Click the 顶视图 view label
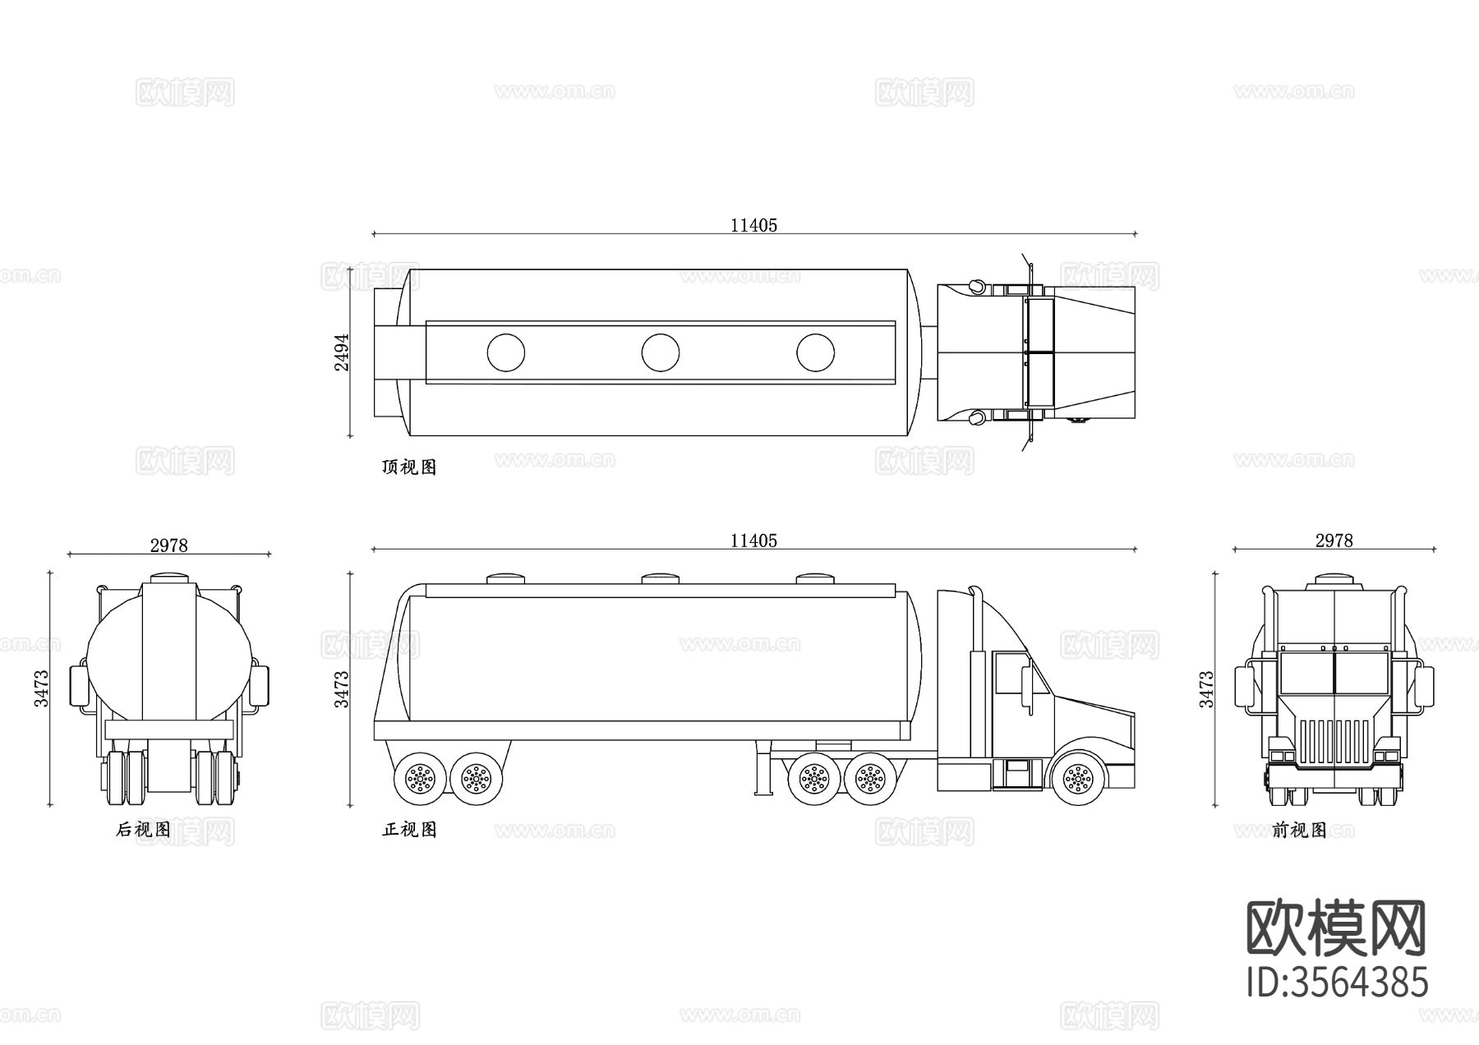(x=409, y=467)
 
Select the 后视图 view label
(x=143, y=830)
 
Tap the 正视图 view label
(x=409, y=830)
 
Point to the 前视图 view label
(x=1299, y=831)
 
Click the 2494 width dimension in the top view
(x=342, y=352)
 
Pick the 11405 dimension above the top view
(x=753, y=225)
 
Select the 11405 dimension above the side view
(x=753, y=541)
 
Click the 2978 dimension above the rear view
(x=169, y=546)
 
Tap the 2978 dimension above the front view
(x=1334, y=541)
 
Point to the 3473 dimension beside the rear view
(x=41, y=688)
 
